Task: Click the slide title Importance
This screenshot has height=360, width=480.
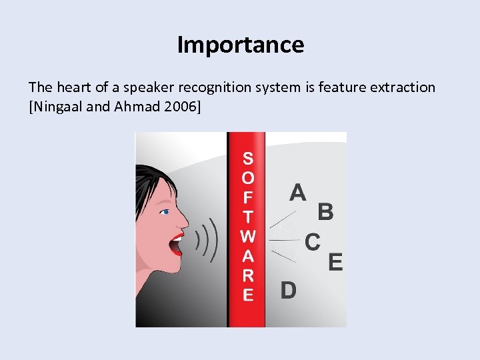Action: click(x=240, y=45)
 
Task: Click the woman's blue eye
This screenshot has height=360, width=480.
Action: click(x=165, y=212)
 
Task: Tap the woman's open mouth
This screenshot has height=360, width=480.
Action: click(x=175, y=243)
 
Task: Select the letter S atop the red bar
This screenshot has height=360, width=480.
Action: click(x=248, y=159)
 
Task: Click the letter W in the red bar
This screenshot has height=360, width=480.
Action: click(x=248, y=236)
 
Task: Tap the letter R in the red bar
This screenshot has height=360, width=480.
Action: click(x=248, y=275)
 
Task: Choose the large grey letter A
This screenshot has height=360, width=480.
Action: click(x=298, y=192)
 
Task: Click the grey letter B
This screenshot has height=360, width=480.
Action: click(x=325, y=212)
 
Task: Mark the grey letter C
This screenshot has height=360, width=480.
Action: click(x=312, y=241)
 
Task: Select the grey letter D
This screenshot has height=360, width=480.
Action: click(x=288, y=291)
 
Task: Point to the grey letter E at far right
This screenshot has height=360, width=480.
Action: click(x=335, y=262)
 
